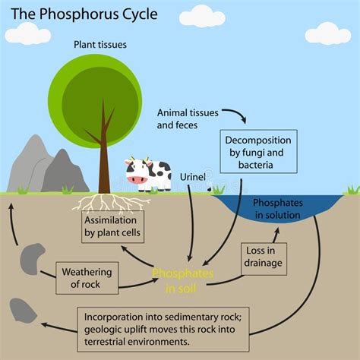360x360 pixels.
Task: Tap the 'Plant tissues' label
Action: (100, 45)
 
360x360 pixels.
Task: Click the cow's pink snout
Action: (137, 179)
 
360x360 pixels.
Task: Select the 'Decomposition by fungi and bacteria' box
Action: (256, 153)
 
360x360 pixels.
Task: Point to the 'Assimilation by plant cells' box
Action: (112, 226)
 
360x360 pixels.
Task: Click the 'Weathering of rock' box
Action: (87, 278)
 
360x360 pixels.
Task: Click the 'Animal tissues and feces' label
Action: (187, 119)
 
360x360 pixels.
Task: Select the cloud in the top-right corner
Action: (327, 33)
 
